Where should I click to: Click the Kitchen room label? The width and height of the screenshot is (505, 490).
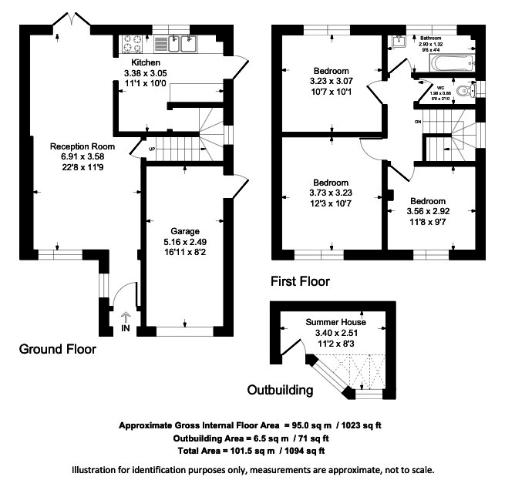[146, 62]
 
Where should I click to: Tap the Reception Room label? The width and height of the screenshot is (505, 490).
[82, 146]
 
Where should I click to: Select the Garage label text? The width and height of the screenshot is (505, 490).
[184, 230]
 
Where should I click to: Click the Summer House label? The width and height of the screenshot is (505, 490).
[335, 321]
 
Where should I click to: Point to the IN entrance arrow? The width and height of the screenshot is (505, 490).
[126, 317]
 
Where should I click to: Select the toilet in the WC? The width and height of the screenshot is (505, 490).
[463, 92]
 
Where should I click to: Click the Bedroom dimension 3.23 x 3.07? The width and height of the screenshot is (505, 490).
[331, 81]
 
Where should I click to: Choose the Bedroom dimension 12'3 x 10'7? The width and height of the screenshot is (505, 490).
[331, 203]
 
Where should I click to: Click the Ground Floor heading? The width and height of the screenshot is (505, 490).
[58, 349]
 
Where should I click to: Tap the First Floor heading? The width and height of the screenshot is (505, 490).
[300, 282]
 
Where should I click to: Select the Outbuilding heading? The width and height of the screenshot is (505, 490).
[280, 390]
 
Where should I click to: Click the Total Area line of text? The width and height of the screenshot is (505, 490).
[251, 451]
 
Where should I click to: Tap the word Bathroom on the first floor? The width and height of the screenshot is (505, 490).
[429, 37]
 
